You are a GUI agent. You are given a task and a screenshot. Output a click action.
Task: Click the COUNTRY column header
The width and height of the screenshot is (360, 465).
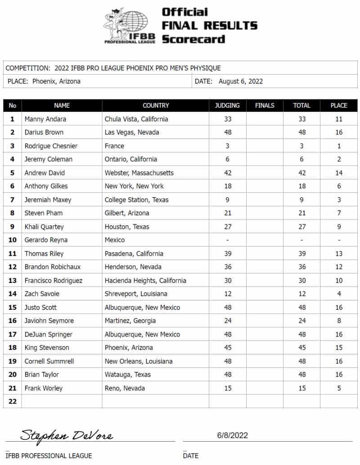click(156, 105)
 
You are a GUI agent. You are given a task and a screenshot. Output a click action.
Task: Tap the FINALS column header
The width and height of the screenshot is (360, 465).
click(265, 105)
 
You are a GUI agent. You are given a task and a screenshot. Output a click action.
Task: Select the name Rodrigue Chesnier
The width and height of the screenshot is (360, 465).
click(51, 146)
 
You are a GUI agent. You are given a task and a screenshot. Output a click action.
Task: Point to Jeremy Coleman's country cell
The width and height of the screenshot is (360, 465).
click(131, 159)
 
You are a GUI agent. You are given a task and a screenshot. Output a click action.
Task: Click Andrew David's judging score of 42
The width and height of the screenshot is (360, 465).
click(227, 173)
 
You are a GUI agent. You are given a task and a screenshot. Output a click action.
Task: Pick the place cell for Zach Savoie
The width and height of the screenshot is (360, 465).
click(339, 294)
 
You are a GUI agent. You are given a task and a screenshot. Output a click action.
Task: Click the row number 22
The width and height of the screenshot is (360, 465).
click(13, 402)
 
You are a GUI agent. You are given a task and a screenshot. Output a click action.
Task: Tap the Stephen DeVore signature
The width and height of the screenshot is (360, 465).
click(67, 435)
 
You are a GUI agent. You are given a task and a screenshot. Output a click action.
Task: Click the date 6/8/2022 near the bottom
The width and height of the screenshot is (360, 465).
click(232, 435)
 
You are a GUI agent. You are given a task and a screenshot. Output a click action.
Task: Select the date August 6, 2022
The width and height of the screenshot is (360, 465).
click(241, 81)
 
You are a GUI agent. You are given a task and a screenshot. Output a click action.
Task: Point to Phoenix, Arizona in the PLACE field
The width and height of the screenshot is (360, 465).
click(56, 81)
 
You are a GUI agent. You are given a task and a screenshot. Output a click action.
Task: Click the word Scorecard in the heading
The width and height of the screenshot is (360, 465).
click(193, 39)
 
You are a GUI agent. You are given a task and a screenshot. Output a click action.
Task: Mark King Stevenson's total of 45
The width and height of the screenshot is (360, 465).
click(301, 348)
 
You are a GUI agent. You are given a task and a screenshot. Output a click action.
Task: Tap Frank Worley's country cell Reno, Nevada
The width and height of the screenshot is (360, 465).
click(125, 388)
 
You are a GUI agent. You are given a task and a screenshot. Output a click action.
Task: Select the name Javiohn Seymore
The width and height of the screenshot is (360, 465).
click(49, 321)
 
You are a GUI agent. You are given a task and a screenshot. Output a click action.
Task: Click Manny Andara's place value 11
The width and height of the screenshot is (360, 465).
click(339, 119)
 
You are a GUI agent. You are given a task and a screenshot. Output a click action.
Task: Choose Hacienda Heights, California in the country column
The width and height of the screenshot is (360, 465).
click(145, 280)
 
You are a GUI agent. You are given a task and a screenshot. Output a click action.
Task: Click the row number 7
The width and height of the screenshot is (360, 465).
click(13, 200)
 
